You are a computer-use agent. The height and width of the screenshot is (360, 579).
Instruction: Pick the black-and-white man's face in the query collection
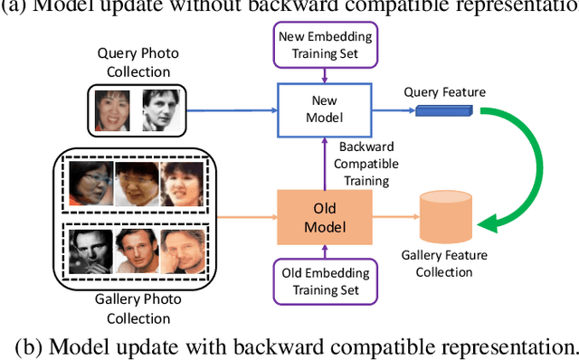pos(155,111)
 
